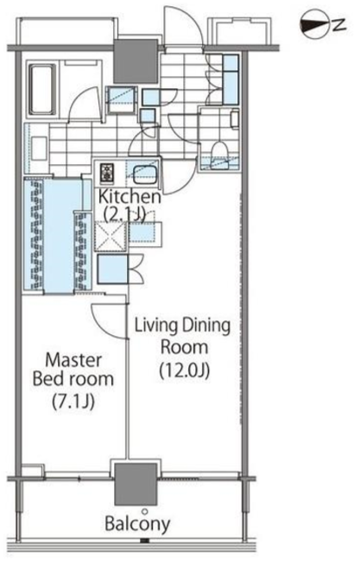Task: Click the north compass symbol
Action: pyautogui.click(x=314, y=24)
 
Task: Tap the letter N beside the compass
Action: pyautogui.click(x=339, y=24)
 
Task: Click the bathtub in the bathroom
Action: pyautogui.click(x=43, y=89)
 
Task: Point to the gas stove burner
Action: pyautogui.click(x=107, y=173)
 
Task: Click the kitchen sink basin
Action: pyautogui.click(x=144, y=175)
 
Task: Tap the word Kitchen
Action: pyautogui.click(x=129, y=197)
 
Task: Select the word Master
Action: pyautogui.click(x=73, y=360)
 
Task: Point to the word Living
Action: pyautogui.click(x=155, y=325)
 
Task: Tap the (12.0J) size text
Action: pyautogui.click(x=185, y=370)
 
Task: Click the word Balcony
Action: pyautogui.click(x=137, y=524)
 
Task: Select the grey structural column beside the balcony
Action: pyautogui.click(x=136, y=483)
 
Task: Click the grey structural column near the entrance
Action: pyautogui.click(x=136, y=61)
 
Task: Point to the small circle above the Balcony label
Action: pyautogui.click(x=145, y=511)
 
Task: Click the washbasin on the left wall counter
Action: pyautogui.click(x=39, y=148)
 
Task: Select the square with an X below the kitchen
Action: pyautogui.click(x=111, y=237)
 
